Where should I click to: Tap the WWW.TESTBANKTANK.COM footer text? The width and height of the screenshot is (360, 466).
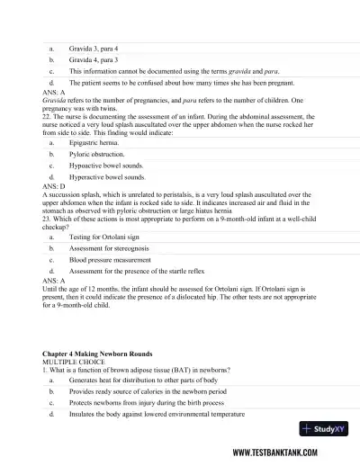(292, 453)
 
